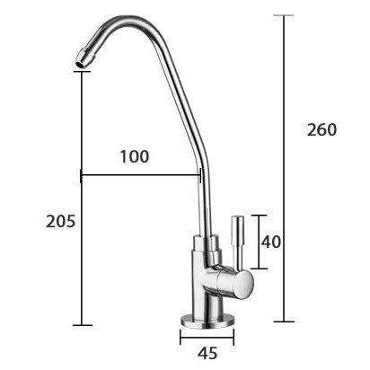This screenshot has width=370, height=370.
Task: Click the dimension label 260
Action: point(322,129)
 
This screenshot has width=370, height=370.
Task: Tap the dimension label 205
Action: point(61,222)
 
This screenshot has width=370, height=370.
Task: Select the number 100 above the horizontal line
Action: point(135,156)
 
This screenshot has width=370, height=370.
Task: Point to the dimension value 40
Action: point(271,242)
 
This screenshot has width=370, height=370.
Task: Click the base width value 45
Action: point(207,354)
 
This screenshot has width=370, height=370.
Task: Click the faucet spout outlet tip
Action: point(81,62)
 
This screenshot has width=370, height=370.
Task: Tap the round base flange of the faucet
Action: point(207,321)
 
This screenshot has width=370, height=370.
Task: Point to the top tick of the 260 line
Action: point(284,15)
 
